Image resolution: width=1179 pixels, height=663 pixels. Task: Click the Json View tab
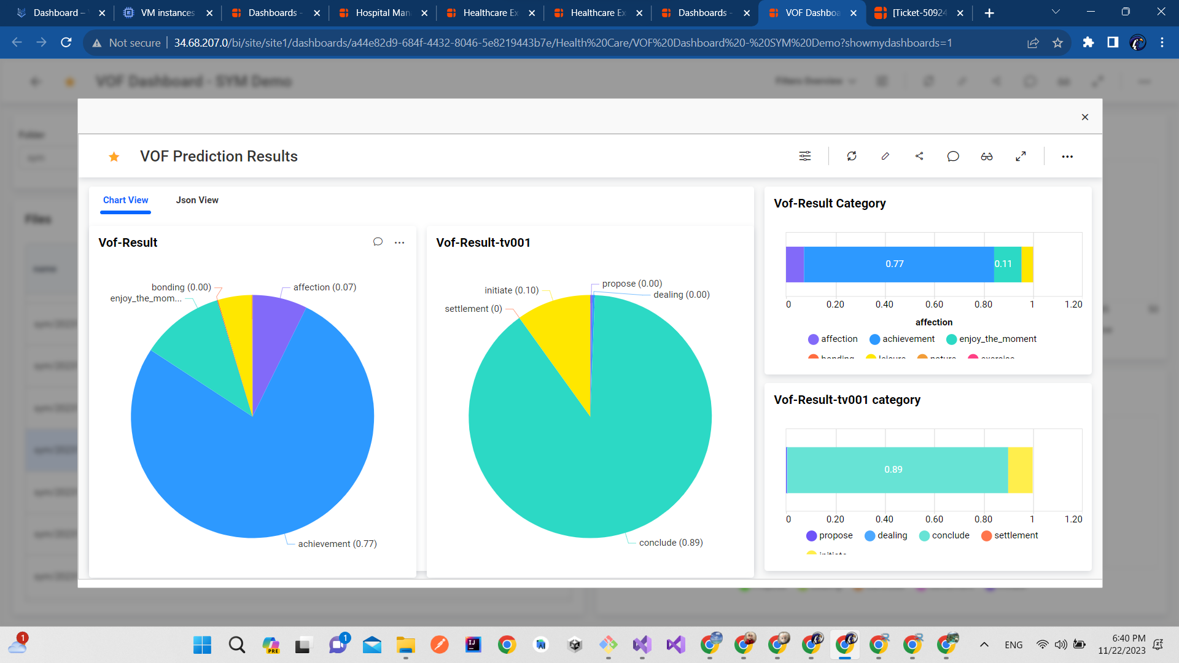point(197,200)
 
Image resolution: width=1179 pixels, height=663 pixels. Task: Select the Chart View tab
point(125,200)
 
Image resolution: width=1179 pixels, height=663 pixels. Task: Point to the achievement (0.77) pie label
point(337,544)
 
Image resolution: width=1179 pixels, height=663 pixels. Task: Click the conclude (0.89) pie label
point(671,543)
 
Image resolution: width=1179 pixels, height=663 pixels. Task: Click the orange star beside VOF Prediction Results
point(114,157)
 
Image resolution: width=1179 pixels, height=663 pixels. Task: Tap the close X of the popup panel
point(1085,117)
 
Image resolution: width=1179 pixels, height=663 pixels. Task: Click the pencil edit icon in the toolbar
point(885,157)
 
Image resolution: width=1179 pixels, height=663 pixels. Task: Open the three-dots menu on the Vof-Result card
point(400,242)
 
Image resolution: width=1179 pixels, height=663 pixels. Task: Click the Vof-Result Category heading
point(830,203)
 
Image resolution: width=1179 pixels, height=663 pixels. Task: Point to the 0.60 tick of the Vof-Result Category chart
point(934,304)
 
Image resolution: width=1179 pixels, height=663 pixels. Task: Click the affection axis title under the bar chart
point(934,322)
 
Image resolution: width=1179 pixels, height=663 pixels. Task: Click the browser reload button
point(66,42)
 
